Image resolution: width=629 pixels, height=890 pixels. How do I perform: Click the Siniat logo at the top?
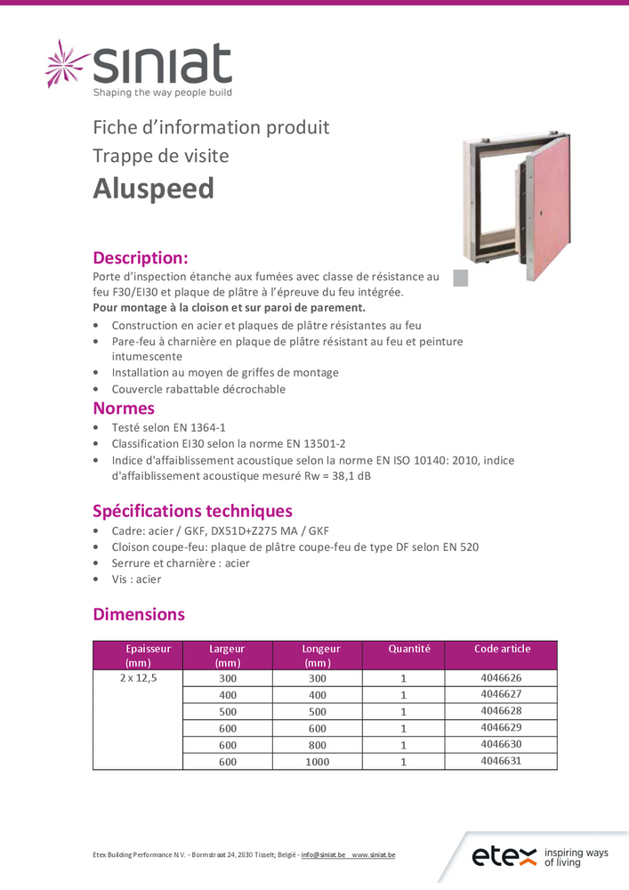click(140, 68)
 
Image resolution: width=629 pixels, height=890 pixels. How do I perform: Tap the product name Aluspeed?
click(154, 189)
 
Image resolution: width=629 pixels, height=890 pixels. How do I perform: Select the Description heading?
click(141, 258)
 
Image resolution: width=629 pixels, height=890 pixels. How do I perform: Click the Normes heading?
click(124, 409)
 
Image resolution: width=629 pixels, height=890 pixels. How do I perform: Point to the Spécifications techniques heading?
click(192, 511)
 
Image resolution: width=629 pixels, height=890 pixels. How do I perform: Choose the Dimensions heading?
click(139, 614)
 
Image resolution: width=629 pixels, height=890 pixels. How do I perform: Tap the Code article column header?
click(502, 649)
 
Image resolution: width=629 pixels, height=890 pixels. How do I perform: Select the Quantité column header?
click(409, 649)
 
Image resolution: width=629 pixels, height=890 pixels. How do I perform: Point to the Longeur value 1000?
click(317, 762)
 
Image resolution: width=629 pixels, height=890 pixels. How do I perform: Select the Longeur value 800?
click(317, 745)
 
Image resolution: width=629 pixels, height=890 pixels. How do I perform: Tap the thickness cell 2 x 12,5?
click(138, 678)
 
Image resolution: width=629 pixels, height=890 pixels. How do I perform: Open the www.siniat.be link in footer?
click(374, 855)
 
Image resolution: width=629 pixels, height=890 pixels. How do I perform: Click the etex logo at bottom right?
click(540, 857)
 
